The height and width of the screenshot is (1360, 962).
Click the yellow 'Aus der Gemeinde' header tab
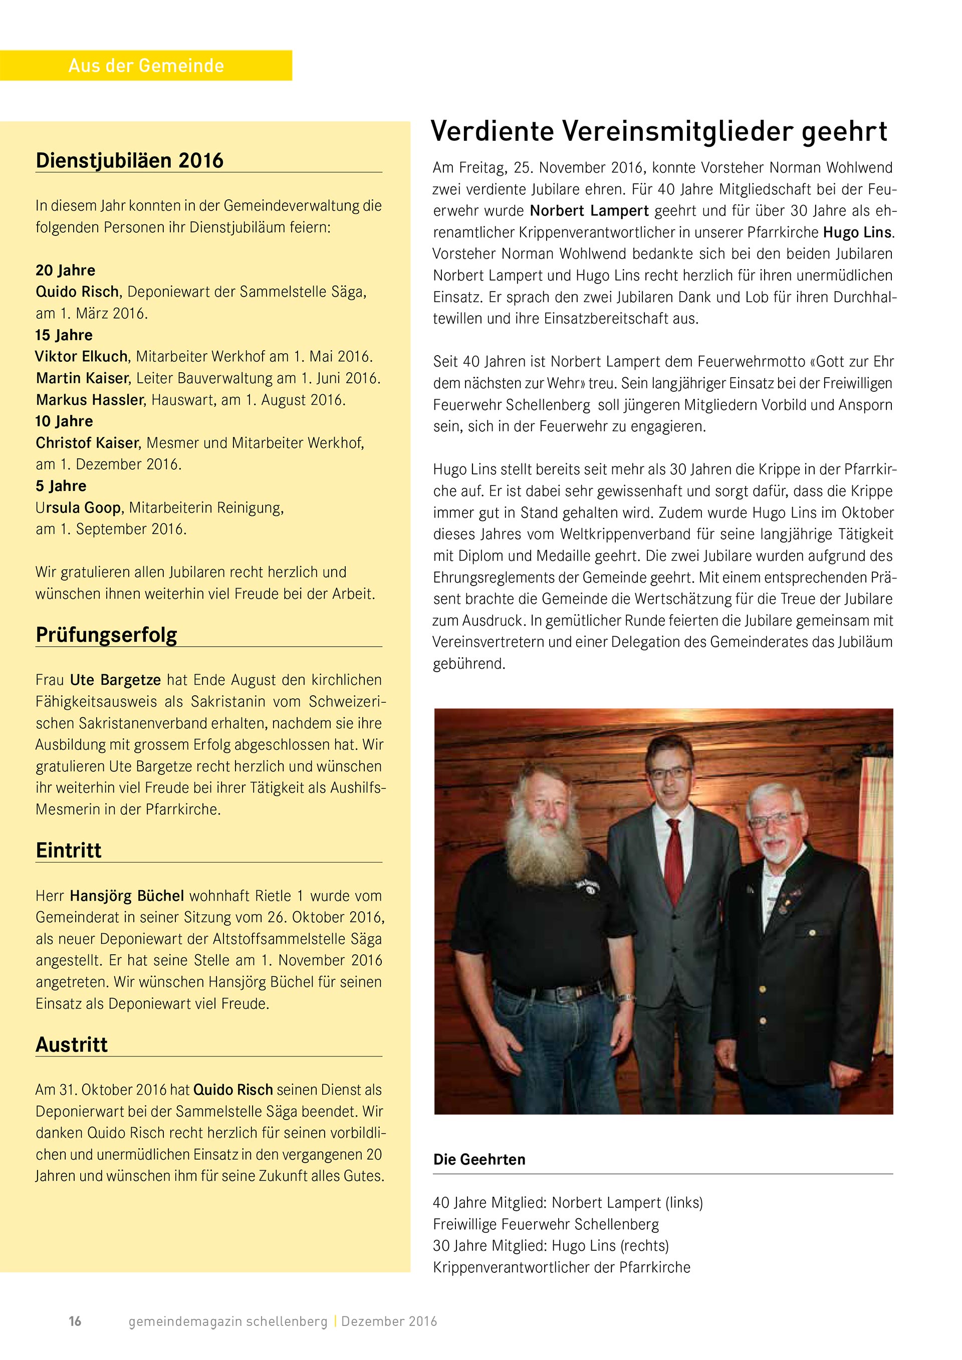tap(146, 65)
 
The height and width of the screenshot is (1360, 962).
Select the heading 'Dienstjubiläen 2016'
tap(130, 160)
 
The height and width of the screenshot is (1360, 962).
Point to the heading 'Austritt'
tap(72, 1044)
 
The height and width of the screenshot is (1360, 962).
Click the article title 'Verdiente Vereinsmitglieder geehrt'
tap(659, 132)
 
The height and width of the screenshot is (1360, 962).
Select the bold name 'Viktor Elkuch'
tap(81, 357)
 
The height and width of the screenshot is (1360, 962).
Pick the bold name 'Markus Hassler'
tap(90, 400)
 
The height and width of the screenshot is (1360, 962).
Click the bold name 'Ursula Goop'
tap(79, 507)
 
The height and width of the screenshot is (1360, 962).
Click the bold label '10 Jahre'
tap(64, 421)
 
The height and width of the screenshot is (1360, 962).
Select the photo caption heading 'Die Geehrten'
tap(479, 1159)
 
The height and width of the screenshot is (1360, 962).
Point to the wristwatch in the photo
tap(625, 997)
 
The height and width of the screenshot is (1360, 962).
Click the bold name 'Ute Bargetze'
tap(116, 680)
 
